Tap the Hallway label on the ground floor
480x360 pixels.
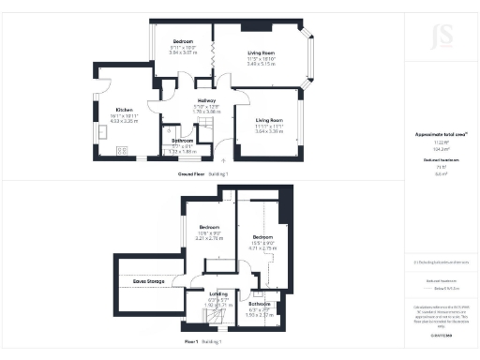(206, 100)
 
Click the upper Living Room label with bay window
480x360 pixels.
(261, 52)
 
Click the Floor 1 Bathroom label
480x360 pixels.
(260, 304)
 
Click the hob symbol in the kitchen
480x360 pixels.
(121, 149)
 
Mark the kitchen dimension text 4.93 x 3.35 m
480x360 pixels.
(124, 121)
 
